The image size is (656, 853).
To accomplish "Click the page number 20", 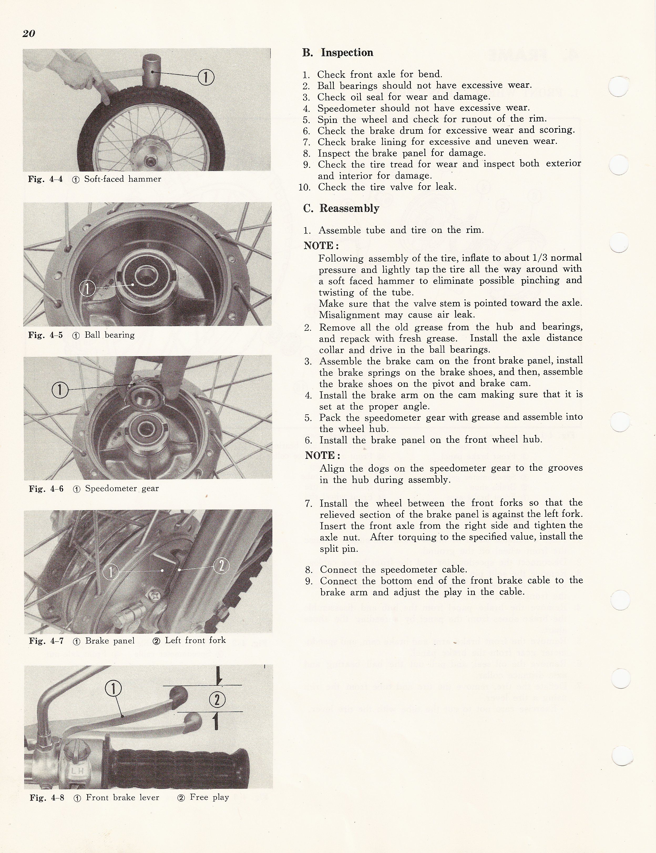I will coord(29,34).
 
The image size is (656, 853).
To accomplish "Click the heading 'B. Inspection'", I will coord(338,53).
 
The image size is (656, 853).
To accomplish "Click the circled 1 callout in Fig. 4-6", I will coord(60,389).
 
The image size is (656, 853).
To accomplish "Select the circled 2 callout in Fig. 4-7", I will coord(221,566).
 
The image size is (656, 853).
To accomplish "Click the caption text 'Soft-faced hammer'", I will coord(123,179).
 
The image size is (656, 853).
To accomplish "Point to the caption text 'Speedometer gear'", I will coord(122,488).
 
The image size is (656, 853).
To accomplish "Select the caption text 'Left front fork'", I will coord(195,640).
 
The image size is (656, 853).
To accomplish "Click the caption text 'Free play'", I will coord(209,797).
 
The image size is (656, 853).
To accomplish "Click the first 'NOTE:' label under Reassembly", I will coord(321,246).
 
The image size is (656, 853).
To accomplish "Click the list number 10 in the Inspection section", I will coord(305,187).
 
